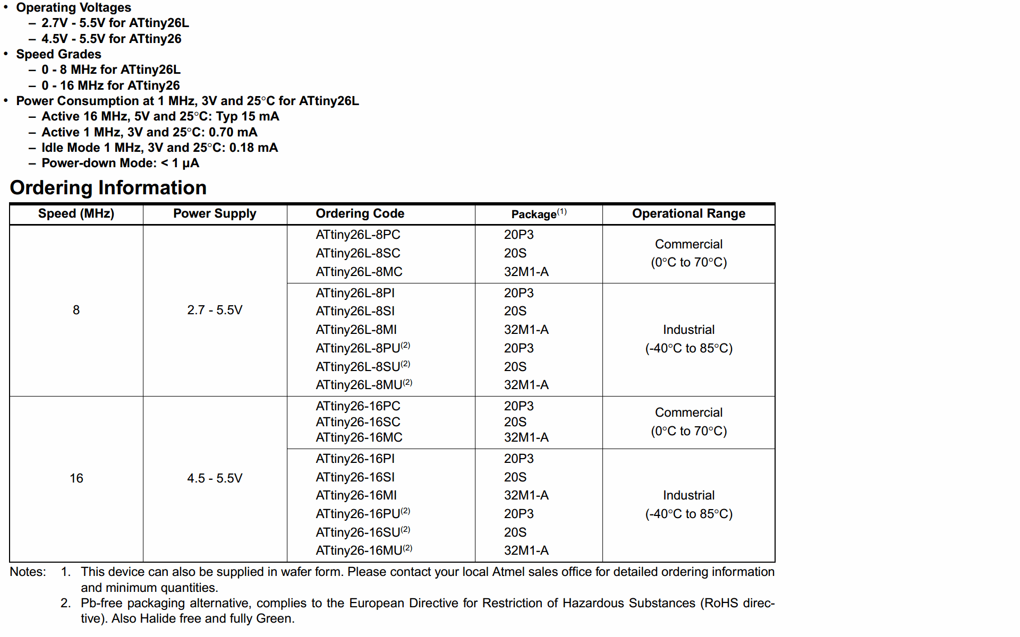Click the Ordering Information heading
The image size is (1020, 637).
coord(108,188)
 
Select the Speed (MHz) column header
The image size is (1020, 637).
coord(76,213)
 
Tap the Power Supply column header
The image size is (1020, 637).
coord(215,213)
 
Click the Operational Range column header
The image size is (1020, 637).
coord(688,213)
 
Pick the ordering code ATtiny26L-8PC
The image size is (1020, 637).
coord(358,235)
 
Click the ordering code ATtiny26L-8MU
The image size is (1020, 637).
coord(359,385)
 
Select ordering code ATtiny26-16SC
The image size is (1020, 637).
coord(358,422)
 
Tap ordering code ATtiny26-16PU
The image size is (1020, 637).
coord(358,514)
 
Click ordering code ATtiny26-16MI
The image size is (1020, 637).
coord(356,495)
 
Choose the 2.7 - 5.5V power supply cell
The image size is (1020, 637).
coord(215,310)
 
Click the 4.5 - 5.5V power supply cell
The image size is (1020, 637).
coord(215,478)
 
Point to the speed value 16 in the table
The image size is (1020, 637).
coord(76,478)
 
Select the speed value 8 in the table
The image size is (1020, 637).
coord(76,310)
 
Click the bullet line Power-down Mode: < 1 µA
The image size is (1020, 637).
coord(120,163)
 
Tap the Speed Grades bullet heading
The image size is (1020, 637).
coord(58,54)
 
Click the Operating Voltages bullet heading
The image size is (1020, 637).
coord(73,7)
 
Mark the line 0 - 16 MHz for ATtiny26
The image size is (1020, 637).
coord(110,85)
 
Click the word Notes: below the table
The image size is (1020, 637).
coord(28,572)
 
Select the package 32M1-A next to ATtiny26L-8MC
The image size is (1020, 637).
coord(526,272)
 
